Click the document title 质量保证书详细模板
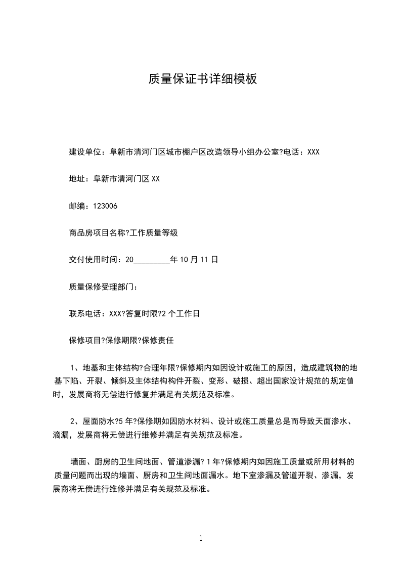click(202, 79)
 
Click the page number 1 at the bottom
click(201, 538)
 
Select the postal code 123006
click(105, 206)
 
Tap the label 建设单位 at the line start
click(85, 152)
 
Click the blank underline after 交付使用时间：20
click(151, 260)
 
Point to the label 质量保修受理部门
click(100, 287)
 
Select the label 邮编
click(77, 206)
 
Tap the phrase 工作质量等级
click(154, 233)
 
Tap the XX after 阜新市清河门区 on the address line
click(156, 179)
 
